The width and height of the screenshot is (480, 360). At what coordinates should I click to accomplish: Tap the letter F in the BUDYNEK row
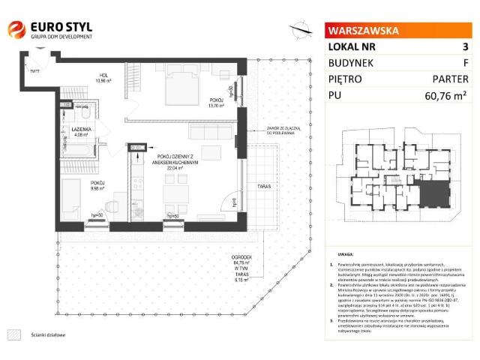(466, 62)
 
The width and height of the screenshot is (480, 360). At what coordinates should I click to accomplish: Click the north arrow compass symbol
(301, 29)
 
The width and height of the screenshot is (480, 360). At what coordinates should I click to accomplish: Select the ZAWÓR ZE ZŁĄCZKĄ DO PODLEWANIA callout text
(282, 131)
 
